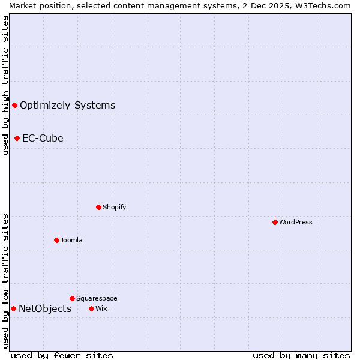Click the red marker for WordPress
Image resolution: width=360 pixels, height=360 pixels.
275,222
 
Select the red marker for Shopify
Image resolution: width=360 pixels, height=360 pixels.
98,207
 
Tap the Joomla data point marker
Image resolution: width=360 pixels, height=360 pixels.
56,240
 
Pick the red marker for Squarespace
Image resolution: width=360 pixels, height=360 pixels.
72,298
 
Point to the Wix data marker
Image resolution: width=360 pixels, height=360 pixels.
91,308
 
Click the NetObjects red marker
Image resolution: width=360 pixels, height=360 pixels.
13,308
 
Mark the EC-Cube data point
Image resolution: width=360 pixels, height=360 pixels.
17,138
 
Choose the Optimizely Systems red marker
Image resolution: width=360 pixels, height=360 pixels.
14,106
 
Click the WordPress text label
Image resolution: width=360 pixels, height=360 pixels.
296,222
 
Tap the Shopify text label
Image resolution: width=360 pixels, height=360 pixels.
114,207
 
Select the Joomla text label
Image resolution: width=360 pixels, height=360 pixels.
71,240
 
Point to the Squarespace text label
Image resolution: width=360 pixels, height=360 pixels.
97,298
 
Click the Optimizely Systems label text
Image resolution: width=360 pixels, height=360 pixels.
67,106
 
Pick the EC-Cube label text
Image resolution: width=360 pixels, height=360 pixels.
43,138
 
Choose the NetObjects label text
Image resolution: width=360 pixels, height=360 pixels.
45,309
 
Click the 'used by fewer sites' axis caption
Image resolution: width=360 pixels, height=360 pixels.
62,356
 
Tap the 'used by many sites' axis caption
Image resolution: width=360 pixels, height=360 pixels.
301,356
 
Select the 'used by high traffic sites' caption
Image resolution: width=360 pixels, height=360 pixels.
5,85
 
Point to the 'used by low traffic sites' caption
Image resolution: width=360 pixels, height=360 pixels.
5,281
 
